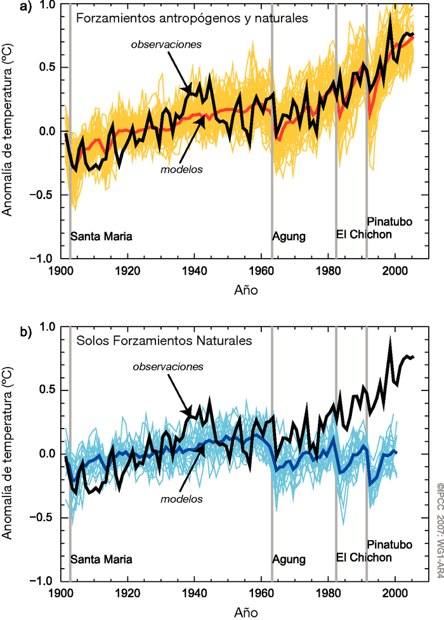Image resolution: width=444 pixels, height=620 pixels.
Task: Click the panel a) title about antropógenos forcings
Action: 192,18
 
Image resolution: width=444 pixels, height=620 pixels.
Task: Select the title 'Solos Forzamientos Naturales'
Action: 164,341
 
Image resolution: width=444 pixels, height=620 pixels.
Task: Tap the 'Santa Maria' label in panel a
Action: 101,237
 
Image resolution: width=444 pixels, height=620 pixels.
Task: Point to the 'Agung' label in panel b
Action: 289,559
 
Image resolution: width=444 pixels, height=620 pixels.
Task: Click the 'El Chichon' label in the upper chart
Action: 364,235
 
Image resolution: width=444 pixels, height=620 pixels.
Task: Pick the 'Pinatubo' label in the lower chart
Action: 389,545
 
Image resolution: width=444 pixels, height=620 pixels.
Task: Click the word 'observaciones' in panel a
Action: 167,45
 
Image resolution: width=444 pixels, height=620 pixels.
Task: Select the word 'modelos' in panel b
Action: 181,499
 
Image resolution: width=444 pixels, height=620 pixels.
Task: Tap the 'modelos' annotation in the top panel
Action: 181,170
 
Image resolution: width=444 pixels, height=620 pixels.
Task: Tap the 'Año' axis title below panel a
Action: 241,289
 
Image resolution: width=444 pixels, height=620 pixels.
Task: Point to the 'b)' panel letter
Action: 8,331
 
